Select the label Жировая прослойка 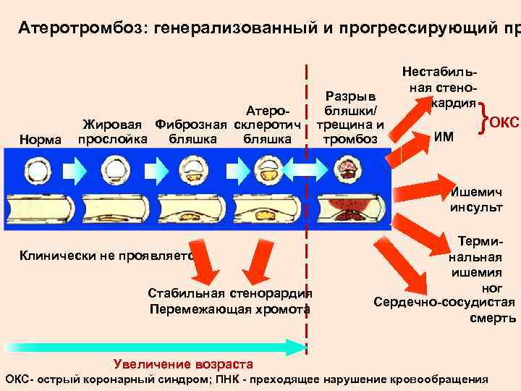[113, 132]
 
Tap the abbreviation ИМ [444, 135]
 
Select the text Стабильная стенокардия [230, 294]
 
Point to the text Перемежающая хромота [230, 309]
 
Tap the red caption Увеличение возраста [184, 364]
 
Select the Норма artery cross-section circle [35, 172]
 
